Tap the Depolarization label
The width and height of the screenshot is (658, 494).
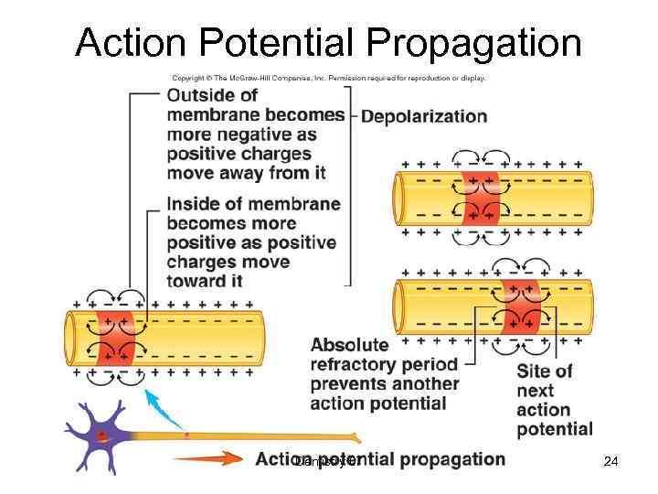tap(424, 116)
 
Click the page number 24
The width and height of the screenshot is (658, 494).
tap(610, 462)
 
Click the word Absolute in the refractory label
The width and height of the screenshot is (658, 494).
tap(349, 345)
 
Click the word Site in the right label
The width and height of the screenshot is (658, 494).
tap(533, 370)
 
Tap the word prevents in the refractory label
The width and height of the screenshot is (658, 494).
tap(350, 384)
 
